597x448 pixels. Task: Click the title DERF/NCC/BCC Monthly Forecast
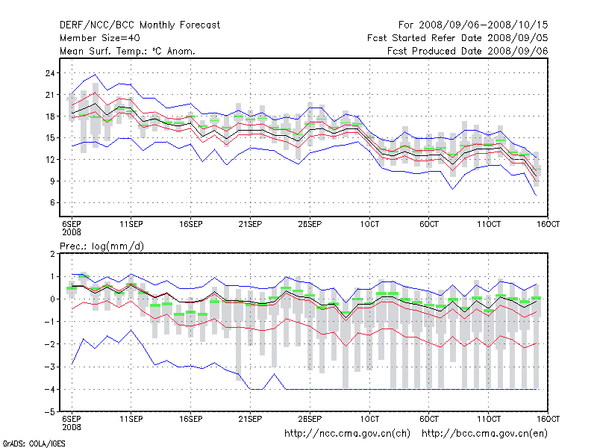click(140, 25)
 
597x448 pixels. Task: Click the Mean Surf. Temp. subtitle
click(128, 51)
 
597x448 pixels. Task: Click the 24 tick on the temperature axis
click(50, 73)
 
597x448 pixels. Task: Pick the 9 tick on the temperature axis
click(53, 181)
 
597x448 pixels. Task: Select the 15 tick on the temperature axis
click(50, 138)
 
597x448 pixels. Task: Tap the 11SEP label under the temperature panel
click(131, 224)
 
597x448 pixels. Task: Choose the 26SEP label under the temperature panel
click(310, 224)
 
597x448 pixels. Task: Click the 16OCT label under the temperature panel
click(548, 224)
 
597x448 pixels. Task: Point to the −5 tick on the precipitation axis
click(50, 412)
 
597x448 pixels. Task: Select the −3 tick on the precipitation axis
click(50, 367)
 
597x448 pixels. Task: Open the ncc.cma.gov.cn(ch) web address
click(348, 433)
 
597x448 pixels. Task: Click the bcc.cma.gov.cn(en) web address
click(486, 433)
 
